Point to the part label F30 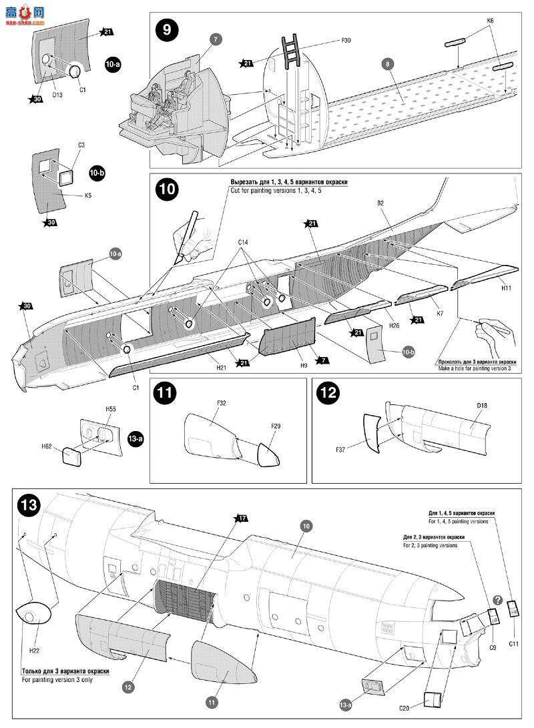coord(345,41)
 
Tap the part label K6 coord(490,21)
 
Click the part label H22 coord(34,647)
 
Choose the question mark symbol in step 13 coord(497,600)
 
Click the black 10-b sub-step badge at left coord(97,173)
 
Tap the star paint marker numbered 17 coord(240,518)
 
